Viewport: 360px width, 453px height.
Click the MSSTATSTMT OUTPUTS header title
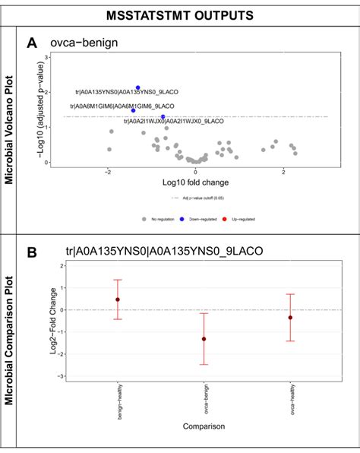click(x=180, y=14)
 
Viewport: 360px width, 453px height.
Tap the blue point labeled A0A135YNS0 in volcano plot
click(x=137, y=88)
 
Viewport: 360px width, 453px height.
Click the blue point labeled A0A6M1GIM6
click(x=133, y=110)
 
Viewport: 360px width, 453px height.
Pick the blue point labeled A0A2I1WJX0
click(x=163, y=117)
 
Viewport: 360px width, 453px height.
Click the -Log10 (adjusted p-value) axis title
click(x=37, y=109)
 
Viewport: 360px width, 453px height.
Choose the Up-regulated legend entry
click(x=242, y=219)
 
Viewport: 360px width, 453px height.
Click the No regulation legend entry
click(x=159, y=219)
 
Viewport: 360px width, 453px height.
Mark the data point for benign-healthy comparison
click(x=117, y=299)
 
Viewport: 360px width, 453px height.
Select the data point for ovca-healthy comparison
click(x=290, y=318)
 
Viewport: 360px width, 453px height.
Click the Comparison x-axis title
click(x=203, y=427)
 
